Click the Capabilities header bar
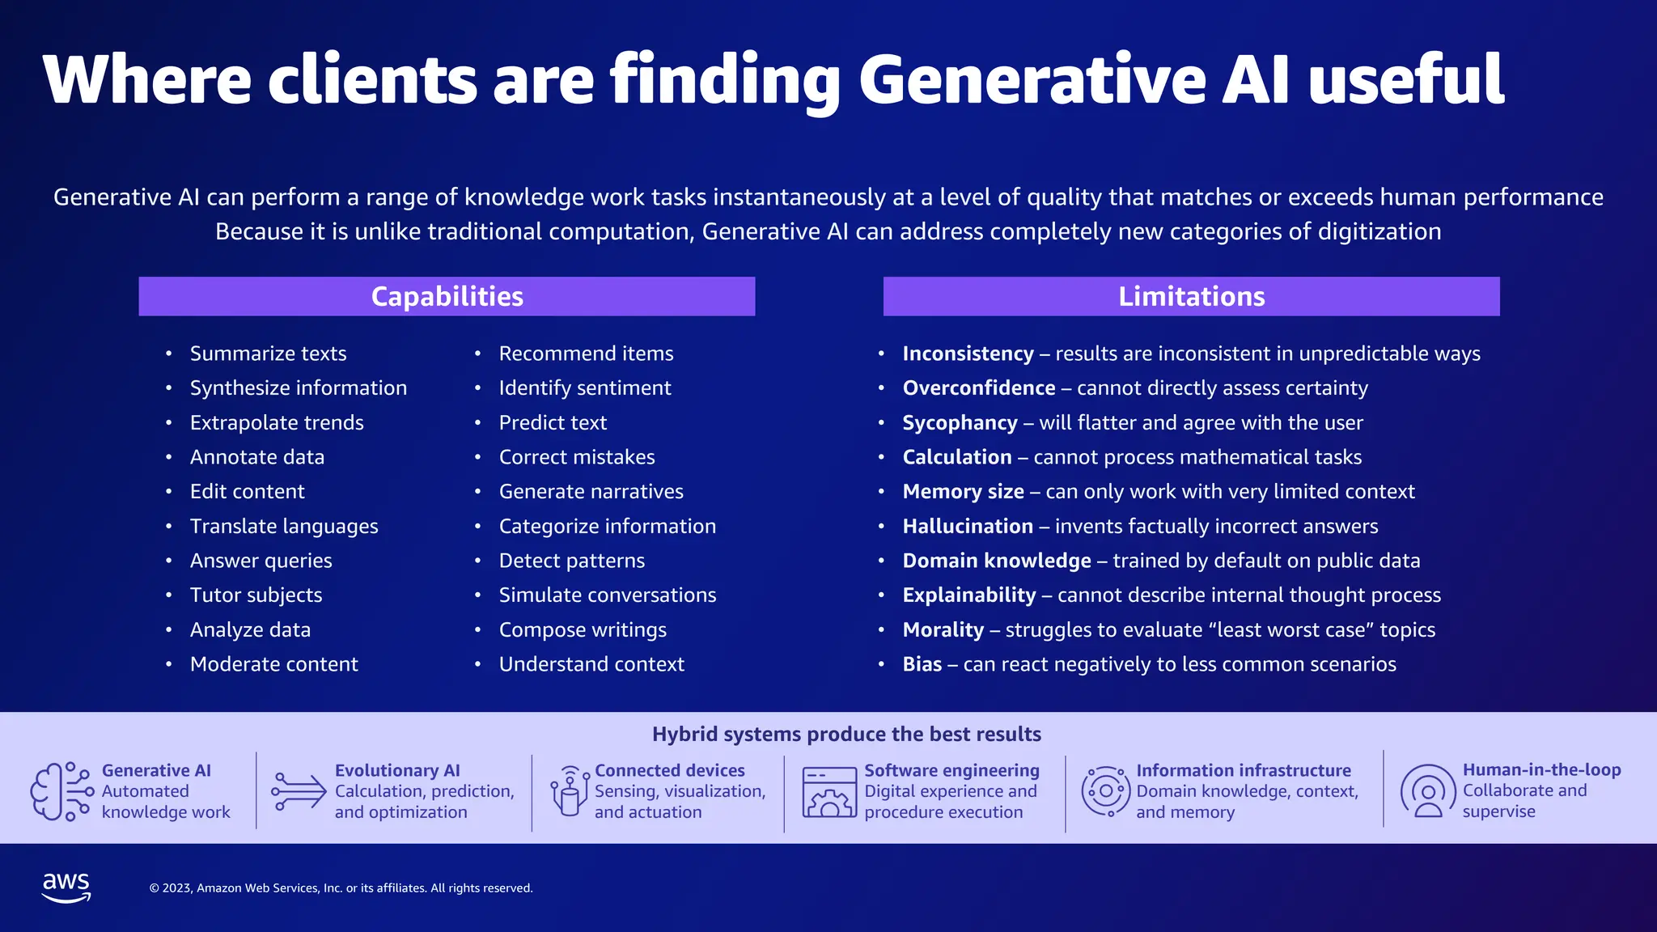447,296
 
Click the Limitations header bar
1191,296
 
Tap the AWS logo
66,888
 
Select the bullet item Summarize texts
268,354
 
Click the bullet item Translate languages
284,526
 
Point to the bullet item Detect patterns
571,561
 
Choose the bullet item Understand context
591,664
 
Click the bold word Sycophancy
960,422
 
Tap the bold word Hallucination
968,526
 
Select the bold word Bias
922,664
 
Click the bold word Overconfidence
978,388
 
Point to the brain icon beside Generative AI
60,791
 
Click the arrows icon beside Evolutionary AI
298,791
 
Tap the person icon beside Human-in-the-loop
1428,791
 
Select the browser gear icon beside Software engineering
828,792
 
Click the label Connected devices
669,770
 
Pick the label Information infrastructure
1243,770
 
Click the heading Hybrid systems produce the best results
846,734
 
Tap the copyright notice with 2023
341,888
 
